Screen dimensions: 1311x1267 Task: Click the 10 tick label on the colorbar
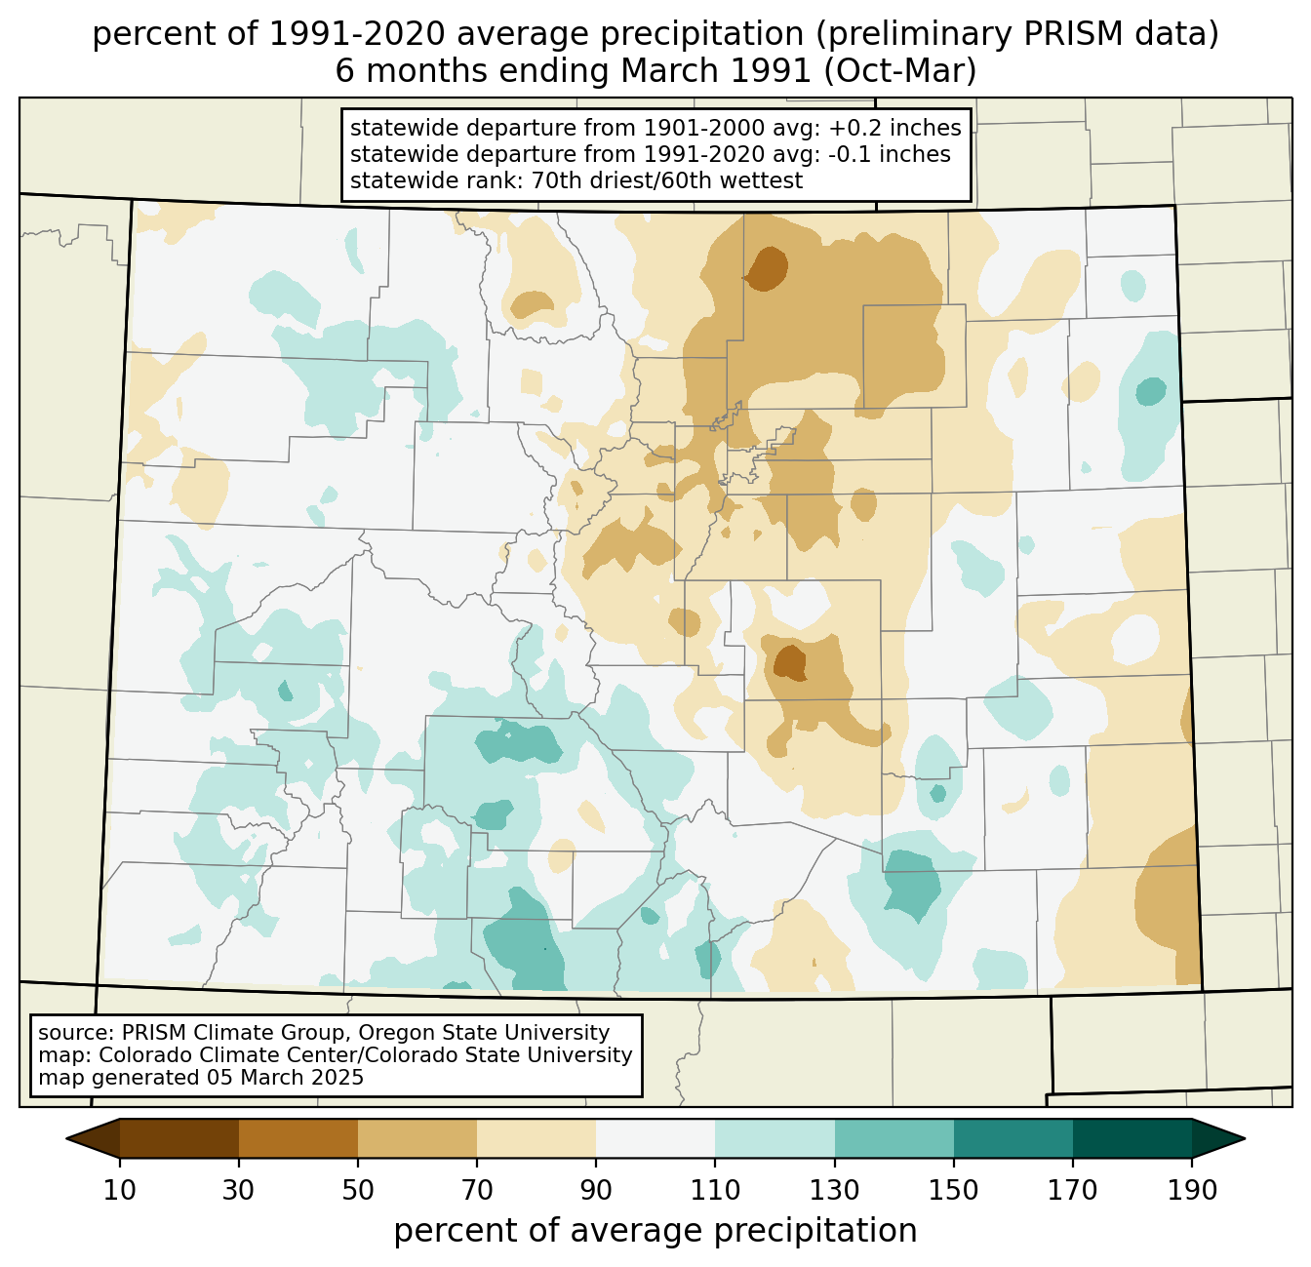[x=119, y=1190]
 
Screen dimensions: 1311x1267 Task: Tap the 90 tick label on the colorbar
[x=596, y=1190]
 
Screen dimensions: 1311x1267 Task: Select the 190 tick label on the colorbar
[x=1192, y=1190]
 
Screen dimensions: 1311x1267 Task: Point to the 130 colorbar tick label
[x=834, y=1190]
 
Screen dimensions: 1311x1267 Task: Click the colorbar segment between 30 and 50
[x=298, y=1138]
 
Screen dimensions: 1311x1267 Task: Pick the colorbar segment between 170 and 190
[x=1132, y=1138]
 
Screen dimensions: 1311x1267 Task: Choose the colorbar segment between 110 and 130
[x=775, y=1138]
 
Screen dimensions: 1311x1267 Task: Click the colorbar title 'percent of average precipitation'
[x=655, y=1231]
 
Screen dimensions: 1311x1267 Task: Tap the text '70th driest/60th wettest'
[x=667, y=180]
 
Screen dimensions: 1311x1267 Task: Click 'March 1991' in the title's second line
[x=715, y=70]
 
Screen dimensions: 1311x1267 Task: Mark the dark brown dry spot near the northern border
[x=766, y=269]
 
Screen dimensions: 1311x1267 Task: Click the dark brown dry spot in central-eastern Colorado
[x=789, y=662]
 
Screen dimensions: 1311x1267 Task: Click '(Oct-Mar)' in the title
[x=900, y=70]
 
